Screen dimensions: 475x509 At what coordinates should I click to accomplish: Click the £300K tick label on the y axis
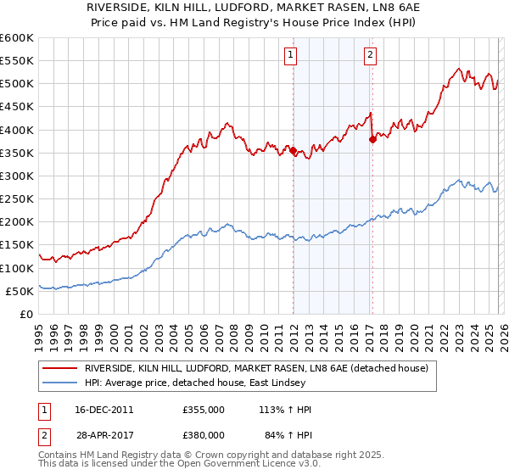17,176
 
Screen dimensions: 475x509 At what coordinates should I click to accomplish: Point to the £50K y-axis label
20,291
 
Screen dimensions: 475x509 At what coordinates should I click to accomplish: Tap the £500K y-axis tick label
17,83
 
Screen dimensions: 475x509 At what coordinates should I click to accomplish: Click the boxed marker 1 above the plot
291,55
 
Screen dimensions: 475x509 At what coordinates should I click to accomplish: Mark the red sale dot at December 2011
293,151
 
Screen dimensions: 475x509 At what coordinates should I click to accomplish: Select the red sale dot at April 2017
372,140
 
